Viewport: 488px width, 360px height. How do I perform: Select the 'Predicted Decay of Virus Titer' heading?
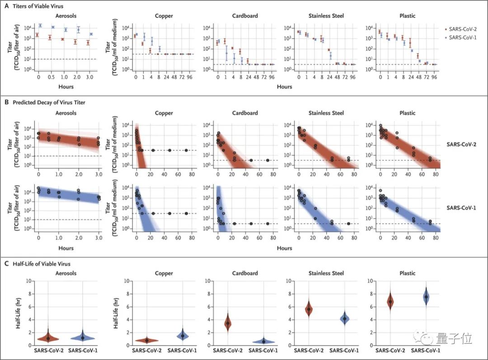tap(50, 103)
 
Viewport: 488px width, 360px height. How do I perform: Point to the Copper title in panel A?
tap(164, 16)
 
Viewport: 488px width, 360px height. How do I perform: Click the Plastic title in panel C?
tap(408, 273)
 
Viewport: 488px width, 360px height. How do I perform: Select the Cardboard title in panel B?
tap(244, 113)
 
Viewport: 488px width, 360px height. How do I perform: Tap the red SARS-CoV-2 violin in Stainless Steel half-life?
tap(309, 309)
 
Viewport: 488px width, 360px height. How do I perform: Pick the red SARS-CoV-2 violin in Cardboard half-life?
tap(228, 323)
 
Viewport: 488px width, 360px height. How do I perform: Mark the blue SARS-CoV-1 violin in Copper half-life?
tap(182, 336)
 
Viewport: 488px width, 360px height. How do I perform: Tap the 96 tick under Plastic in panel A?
tap(434, 77)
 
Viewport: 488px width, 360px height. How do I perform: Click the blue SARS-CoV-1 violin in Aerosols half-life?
tap(83, 337)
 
